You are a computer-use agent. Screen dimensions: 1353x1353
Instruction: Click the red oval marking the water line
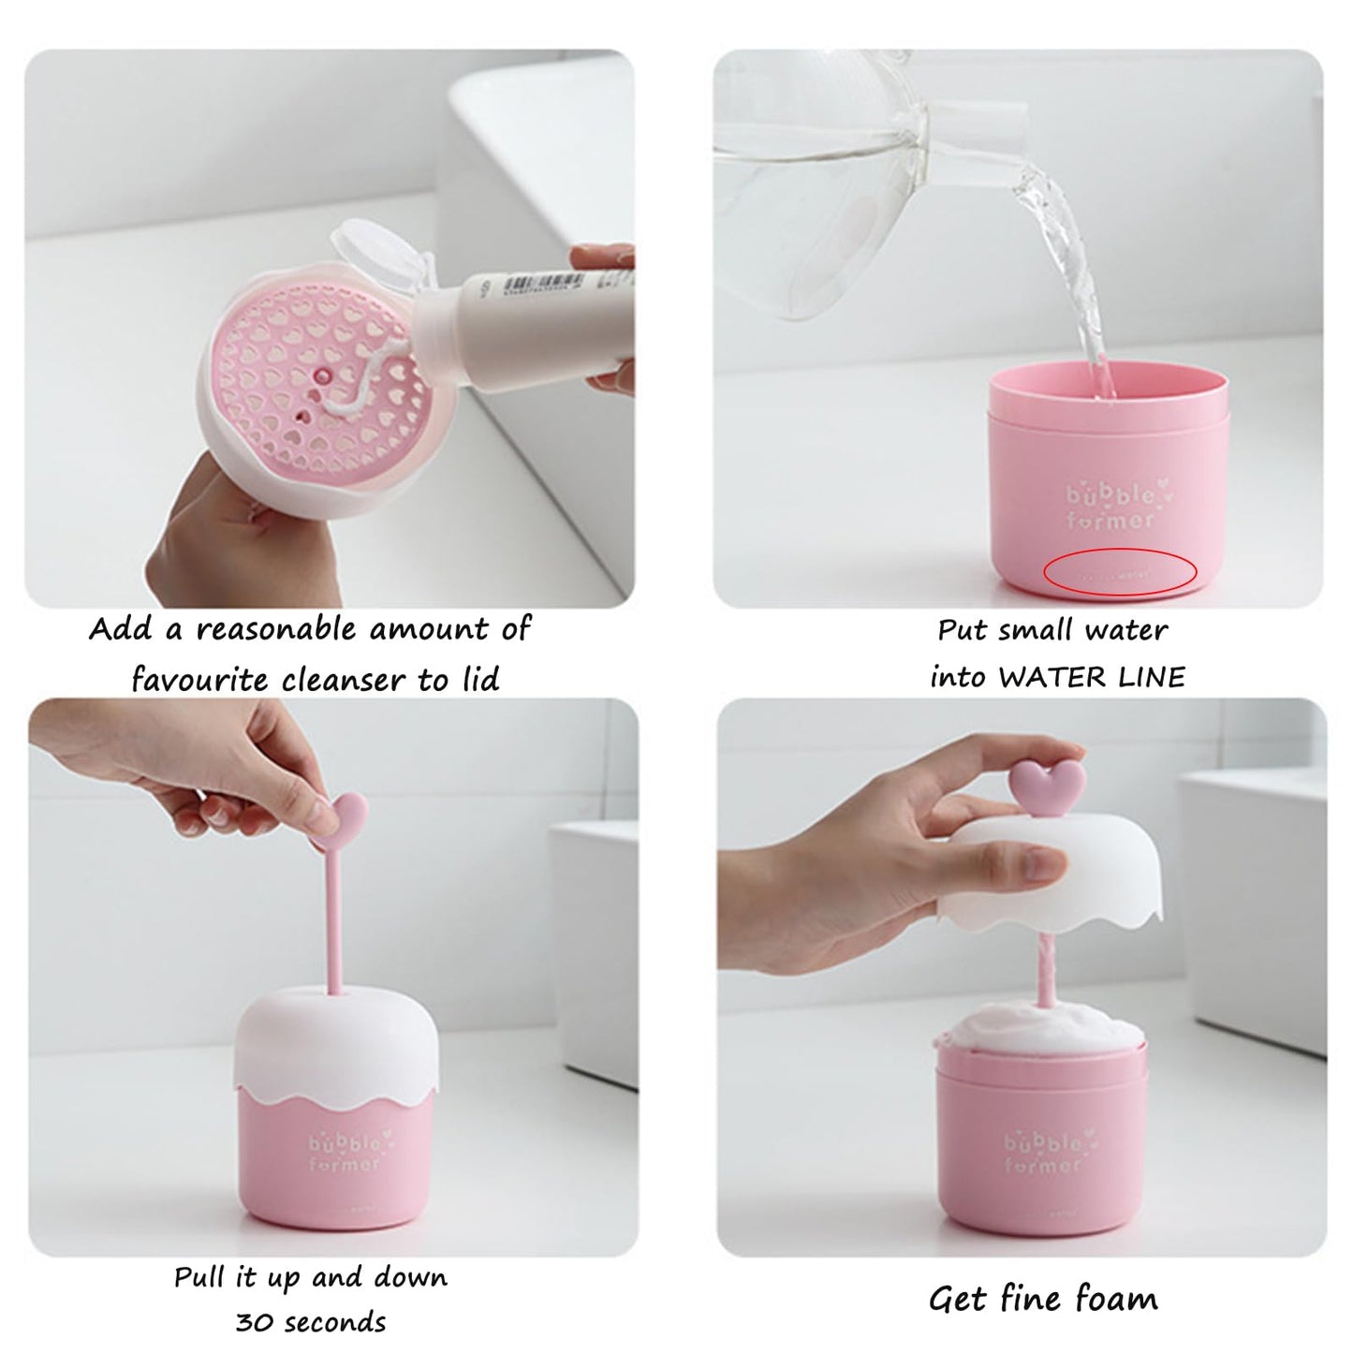point(1120,571)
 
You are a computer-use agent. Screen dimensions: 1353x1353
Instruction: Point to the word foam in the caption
point(1115,1299)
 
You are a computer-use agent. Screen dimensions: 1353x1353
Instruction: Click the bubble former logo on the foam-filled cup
point(1045,1153)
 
